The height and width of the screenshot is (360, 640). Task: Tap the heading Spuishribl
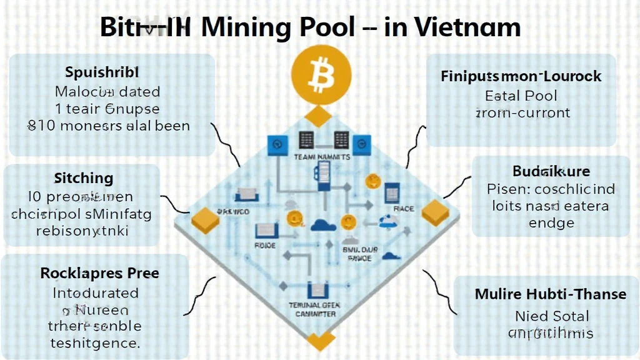102,71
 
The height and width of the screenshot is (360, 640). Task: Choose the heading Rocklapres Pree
99,273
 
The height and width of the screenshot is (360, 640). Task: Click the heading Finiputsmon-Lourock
521,76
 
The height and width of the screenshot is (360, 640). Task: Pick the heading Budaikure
551,171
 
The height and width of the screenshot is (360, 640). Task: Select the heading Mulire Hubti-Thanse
551,293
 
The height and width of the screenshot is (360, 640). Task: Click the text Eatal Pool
521,96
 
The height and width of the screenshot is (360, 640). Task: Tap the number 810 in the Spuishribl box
41,125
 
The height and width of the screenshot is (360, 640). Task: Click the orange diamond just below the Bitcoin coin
321,116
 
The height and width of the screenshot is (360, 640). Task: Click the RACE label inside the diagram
404,209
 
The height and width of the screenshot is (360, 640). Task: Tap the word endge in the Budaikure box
551,222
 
